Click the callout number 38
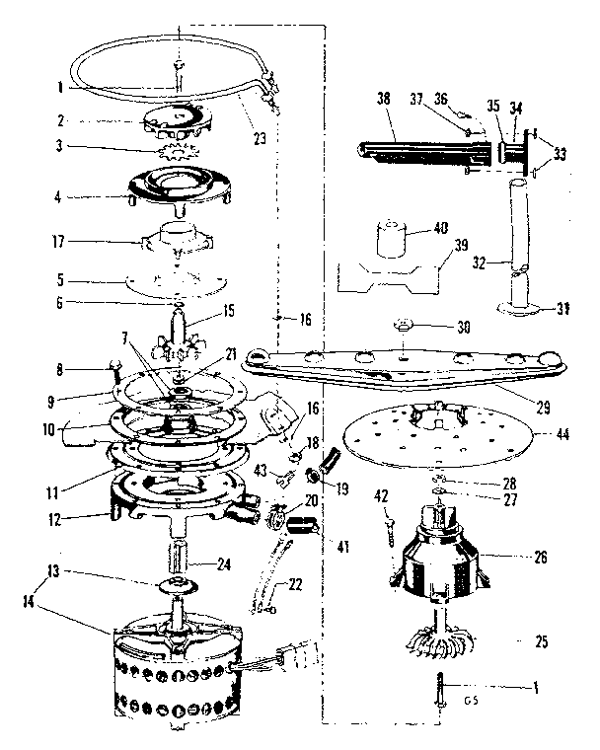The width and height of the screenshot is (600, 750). [x=384, y=99]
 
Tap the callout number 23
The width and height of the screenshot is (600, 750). [x=260, y=139]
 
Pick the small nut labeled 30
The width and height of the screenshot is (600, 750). [x=403, y=324]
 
